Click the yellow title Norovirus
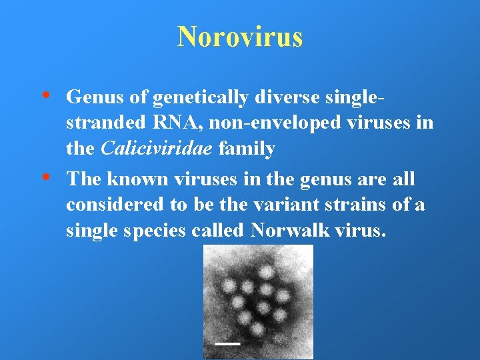240,37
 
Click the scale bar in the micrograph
228,343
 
